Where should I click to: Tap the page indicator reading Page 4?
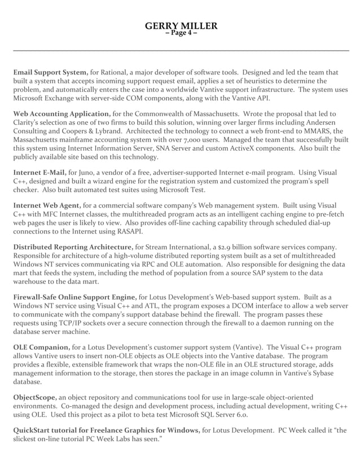pyautogui.click(x=181, y=33)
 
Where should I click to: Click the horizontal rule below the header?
pyautogui.click(x=181, y=51)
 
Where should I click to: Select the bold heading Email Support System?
pyautogui.click(x=50, y=72)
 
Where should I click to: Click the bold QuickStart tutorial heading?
pyautogui.click(x=106, y=430)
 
